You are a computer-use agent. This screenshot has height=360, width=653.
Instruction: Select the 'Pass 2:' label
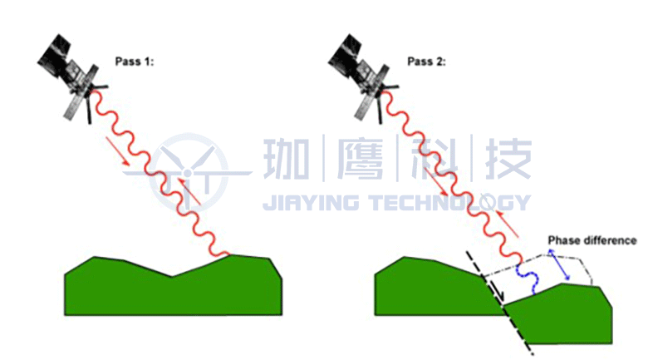pyautogui.click(x=425, y=62)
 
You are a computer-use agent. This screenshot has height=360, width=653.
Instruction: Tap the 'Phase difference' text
pyautogui.click(x=592, y=241)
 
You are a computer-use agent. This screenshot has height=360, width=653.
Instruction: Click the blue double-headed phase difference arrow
pyautogui.click(x=557, y=264)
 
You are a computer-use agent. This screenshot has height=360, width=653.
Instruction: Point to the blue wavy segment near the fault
pyautogui.click(x=526, y=279)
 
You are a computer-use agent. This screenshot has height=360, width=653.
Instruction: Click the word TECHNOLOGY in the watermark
pyautogui.click(x=449, y=202)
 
